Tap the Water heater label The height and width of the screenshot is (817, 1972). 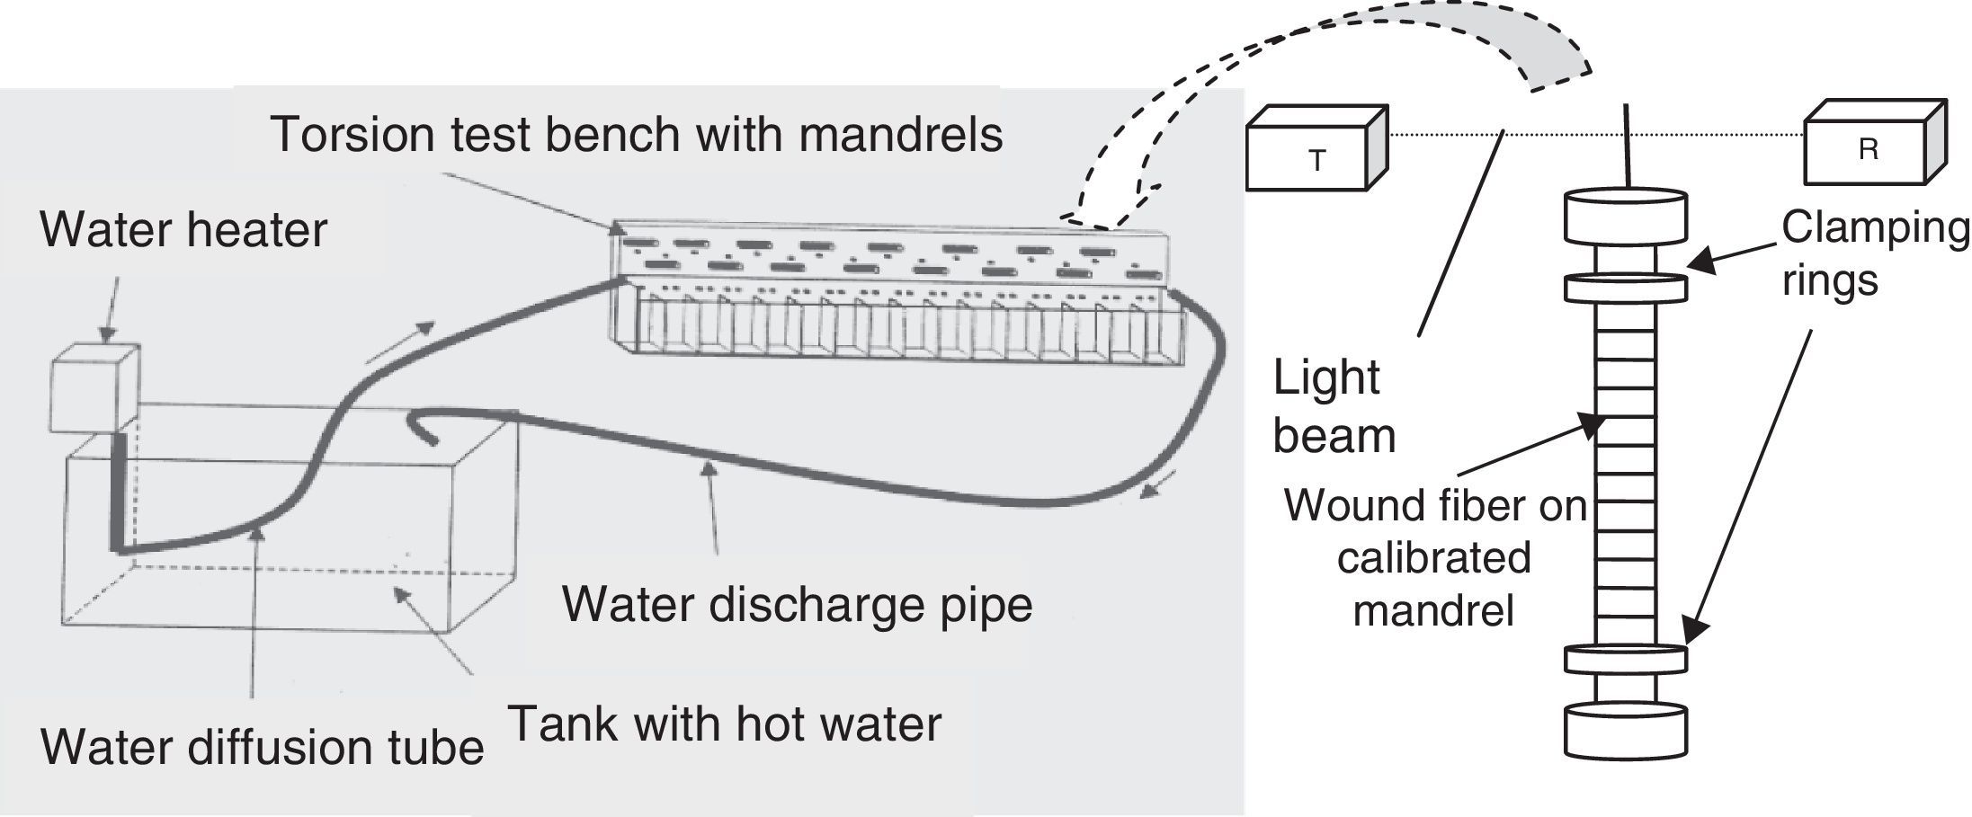[183, 229]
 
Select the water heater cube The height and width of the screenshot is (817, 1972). [94, 388]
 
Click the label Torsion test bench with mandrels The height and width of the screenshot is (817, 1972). [636, 134]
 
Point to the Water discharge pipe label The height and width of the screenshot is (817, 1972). [797, 604]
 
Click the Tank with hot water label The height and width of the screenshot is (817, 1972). [725, 724]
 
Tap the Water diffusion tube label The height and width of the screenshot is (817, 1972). [263, 747]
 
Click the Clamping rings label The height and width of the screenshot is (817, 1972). [1874, 254]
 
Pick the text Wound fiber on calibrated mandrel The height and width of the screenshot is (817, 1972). [1434, 557]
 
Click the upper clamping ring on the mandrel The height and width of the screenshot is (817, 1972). [1626, 287]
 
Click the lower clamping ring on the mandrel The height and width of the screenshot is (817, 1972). [1626, 659]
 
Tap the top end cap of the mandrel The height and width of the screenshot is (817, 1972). [1626, 217]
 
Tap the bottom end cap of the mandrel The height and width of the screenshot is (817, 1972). [1626, 731]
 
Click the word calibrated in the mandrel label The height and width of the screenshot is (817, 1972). [1434, 557]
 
